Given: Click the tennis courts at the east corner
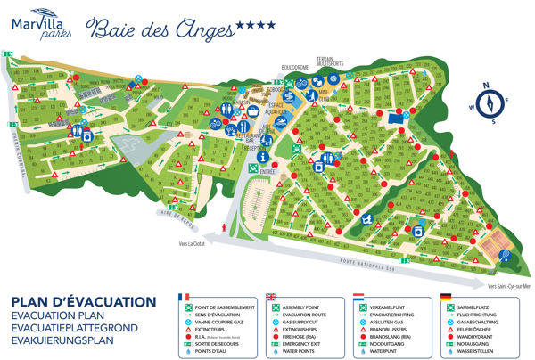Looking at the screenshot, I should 493,238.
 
